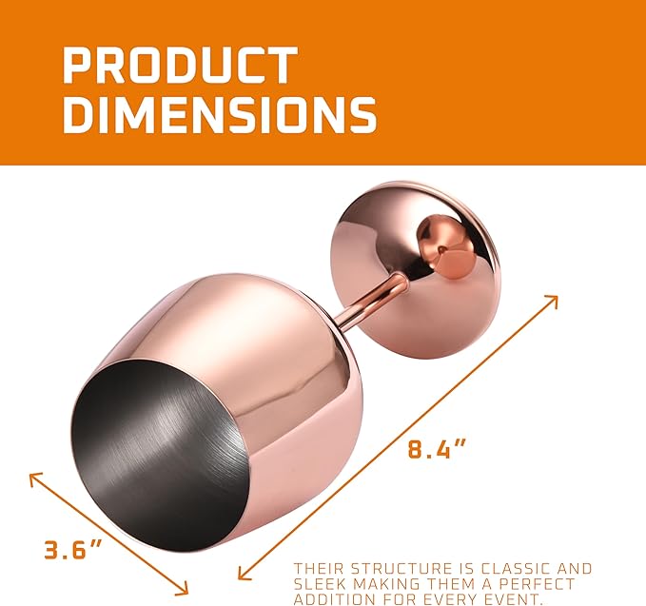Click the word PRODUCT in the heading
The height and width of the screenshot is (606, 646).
(180, 65)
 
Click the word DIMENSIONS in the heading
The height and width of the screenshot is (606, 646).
(220, 114)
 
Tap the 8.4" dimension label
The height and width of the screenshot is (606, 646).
(437, 449)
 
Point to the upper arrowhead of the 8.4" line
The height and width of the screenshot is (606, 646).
(552, 301)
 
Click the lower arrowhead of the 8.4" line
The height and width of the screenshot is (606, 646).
(245, 573)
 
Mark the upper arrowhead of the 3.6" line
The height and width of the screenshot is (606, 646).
(35, 479)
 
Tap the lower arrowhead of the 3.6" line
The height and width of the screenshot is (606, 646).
(182, 588)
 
